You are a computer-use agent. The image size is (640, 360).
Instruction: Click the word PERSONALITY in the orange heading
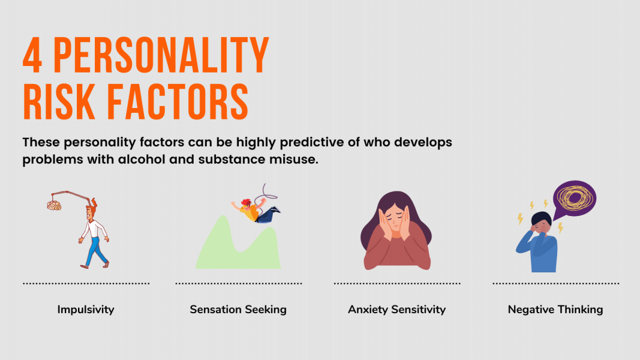pos(161,55)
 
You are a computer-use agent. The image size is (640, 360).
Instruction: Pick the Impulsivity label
pos(86,310)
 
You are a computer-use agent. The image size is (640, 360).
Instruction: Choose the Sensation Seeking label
pos(238,310)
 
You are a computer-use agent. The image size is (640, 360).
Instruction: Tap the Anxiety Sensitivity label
pos(396,310)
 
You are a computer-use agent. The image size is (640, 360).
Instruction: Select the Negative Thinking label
pos(555,310)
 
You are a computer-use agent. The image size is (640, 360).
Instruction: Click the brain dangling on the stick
pos(55,205)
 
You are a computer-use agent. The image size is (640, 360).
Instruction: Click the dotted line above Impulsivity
pos(86,283)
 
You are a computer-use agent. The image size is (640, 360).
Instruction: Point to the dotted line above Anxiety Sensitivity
pos(396,283)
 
